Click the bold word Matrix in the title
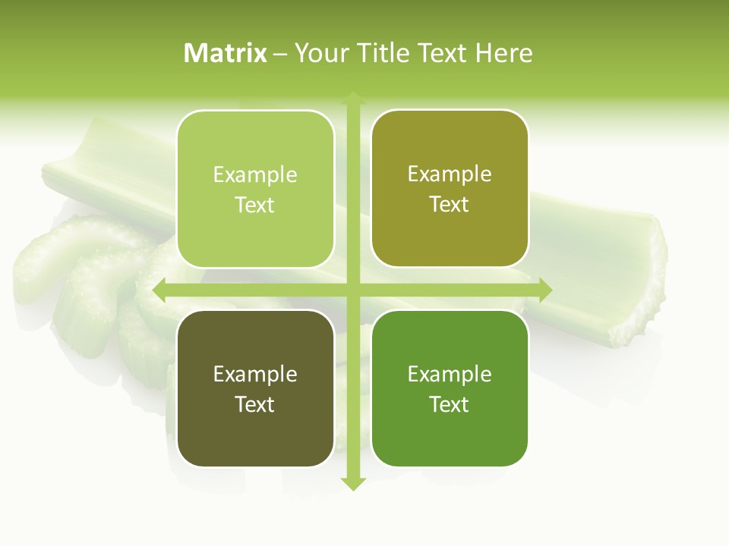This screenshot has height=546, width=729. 226,53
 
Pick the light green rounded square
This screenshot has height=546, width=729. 255,189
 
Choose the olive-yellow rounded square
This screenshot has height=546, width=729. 450,189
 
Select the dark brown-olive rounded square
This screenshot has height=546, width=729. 255,388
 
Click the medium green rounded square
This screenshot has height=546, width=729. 450,388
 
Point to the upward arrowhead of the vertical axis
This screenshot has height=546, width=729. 352,99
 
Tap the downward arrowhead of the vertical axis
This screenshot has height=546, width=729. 352,484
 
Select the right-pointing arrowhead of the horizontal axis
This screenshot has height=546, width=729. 544,290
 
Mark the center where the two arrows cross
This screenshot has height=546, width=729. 352,290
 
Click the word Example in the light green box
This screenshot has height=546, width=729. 255,174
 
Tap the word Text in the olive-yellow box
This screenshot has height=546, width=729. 450,205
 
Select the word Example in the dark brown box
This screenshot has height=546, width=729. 255,374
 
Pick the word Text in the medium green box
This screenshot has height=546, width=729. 450,404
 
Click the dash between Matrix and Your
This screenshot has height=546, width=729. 280,54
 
